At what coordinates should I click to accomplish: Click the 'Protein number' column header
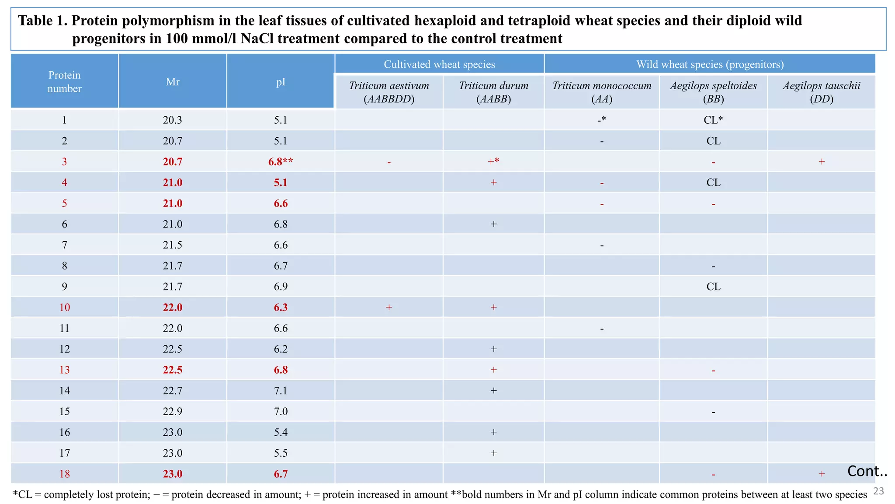click(x=64, y=82)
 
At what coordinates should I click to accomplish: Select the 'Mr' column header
click(x=173, y=82)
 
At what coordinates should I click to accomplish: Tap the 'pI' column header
click(x=281, y=82)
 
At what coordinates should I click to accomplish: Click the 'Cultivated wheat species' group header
click(x=439, y=64)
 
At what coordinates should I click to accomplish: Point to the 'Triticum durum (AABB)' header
click(x=493, y=92)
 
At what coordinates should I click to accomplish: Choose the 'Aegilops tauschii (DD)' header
click(x=821, y=92)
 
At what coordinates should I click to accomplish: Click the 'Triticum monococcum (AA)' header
click(x=601, y=92)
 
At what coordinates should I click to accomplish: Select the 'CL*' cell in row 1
click(x=713, y=120)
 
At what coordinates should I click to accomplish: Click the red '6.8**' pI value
click(x=281, y=161)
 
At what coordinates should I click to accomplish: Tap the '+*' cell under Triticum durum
click(x=493, y=161)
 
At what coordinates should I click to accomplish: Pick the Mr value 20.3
click(x=173, y=120)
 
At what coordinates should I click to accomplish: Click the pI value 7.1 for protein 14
click(x=281, y=390)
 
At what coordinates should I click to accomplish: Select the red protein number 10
click(x=64, y=307)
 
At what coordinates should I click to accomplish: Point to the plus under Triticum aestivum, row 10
click(x=389, y=307)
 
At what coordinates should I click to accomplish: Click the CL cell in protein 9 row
click(x=713, y=287)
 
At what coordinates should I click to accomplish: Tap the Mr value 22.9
click(x=173, y=411)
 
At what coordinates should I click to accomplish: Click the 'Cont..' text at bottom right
click(x=867, y=471)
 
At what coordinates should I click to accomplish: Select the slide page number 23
click(x=878, y=491)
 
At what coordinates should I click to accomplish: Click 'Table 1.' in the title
click(x=42, y=21)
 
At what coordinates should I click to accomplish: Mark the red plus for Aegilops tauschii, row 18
click(x=822, y=474)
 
